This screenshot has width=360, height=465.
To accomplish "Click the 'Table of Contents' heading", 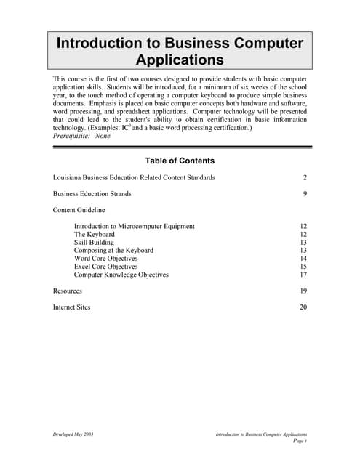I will [x=180, y=161].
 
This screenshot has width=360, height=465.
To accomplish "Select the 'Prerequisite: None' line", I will [x=82, y=136].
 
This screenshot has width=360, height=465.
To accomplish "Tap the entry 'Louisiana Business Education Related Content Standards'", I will [x=134, y=178].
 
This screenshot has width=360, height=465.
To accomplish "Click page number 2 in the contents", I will [x=305, y=178].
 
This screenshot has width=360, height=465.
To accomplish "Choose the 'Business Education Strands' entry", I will [x=92, y=194].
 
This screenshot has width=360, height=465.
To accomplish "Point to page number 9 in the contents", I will [x=305, y=194].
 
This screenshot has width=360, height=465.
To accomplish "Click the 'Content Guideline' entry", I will [x=80, y=210].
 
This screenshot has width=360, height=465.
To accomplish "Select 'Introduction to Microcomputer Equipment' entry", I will [x=135, y=227].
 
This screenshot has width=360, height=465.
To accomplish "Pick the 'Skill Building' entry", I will [x=95, y=243].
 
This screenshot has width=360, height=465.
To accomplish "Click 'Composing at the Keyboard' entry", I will [x=113, y=251].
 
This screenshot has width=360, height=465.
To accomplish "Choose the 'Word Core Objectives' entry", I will [x=105, y=259].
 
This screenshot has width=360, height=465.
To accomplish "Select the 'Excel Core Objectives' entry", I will [x=105, y=267].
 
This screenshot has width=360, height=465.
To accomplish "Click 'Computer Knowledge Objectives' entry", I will [x=121, y=275].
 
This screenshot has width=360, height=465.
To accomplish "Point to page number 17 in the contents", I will [x=303, y=275].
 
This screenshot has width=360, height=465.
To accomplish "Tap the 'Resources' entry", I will [x=68, y=291].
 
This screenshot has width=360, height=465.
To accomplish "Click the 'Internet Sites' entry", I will [x=72, y=307].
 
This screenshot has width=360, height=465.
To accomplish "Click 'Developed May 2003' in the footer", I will [x=73, y=434].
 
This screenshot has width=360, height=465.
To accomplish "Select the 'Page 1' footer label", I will [x=300, y=441].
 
